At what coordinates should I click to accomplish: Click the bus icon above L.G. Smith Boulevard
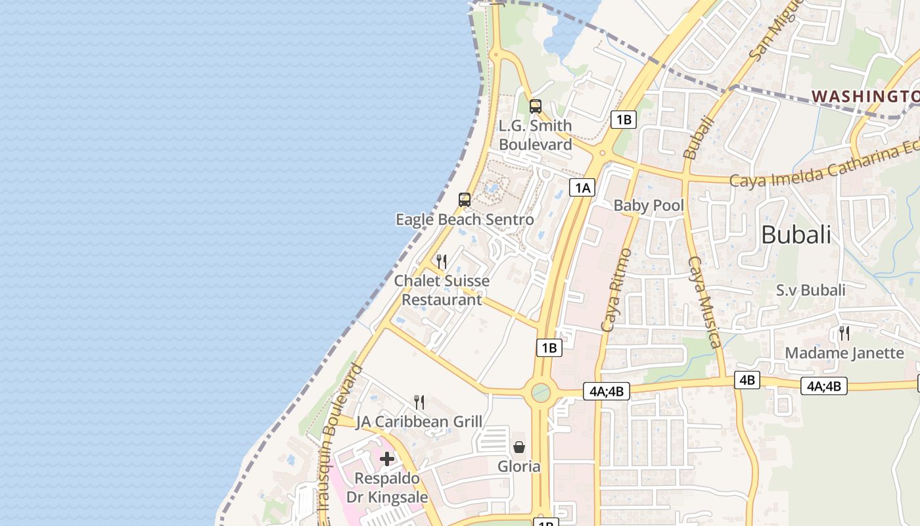(x=535, y=106)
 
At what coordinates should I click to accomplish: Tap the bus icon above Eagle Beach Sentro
(x=465, y=200)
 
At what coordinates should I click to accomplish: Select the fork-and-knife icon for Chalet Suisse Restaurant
(x=442, y=262)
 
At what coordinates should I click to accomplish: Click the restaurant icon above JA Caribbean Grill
(x=419, y=402)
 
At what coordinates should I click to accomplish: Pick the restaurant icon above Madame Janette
(x=844, y=333)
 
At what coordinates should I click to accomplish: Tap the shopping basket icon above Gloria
(x=519, y=447)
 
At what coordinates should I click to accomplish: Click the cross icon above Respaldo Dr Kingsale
(x=387, y=458)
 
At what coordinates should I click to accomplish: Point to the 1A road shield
(x=582, y=188)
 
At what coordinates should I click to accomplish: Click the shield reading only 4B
(x=747, y=380)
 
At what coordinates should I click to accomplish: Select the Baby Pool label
(x=649, y=206)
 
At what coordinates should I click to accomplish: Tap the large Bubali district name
(x=796, y=235)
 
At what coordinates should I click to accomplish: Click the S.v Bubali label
(x=810, y=290)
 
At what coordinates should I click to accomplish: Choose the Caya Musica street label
(x=704, y=302)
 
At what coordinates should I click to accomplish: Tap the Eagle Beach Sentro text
(x=465, y=219)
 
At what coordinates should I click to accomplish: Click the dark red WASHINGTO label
(x=865, y=97)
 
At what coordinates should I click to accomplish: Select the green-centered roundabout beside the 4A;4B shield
(x=541, y=393)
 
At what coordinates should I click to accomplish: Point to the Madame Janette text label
(x=844, y=353)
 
